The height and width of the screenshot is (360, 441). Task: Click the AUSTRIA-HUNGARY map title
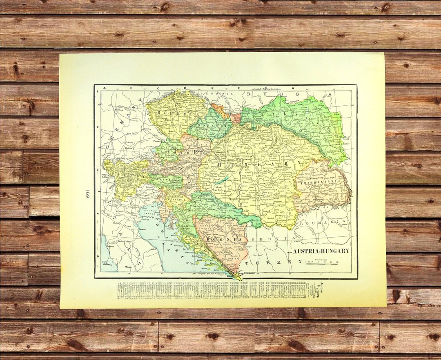[321, 251]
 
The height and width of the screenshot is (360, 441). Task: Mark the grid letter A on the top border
[104, 87]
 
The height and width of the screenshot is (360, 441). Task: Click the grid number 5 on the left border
[97, 256]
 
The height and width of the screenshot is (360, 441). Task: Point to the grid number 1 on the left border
[97, 92]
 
